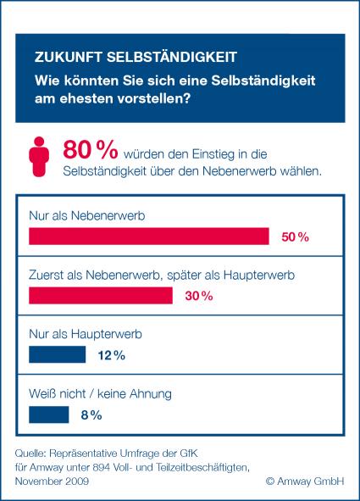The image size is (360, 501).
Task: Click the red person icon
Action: point(39,157)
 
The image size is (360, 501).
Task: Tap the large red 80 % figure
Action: point(91,149)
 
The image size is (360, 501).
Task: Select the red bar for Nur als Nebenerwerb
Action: point(149,237)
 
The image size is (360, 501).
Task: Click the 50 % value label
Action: point(296,237)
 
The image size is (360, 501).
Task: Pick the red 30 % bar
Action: point(101,296)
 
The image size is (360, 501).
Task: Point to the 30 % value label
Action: point(199,296)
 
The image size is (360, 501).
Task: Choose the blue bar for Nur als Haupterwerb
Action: point(58,354)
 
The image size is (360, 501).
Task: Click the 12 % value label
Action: point(112,355)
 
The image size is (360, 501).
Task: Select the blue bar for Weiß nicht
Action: point(49,415)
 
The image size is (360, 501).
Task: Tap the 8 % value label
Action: point(91,415)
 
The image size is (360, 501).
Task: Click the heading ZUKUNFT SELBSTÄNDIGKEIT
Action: point(136,57)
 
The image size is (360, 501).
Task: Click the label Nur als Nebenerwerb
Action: point(86,215)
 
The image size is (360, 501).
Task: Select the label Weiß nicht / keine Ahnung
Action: point(100,393)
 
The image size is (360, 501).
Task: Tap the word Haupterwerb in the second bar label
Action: point(259,276)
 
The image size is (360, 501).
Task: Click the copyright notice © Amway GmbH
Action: point(305,482)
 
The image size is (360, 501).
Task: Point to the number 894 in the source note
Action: point(102,467)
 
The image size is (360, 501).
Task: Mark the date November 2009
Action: point(52,482)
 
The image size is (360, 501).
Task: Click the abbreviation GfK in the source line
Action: point(189,454)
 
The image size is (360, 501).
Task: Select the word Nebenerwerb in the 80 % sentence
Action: point(239,171)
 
